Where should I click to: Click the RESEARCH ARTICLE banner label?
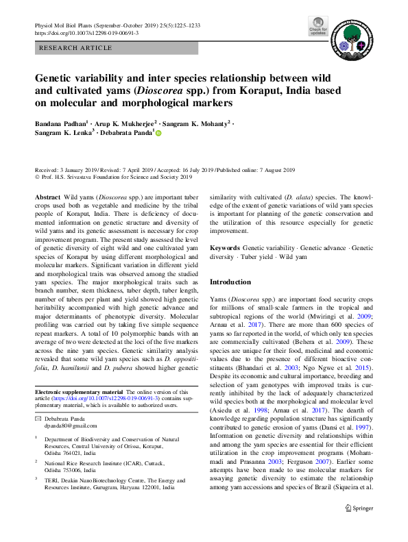76,48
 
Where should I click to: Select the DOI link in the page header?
86,32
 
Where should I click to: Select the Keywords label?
225,247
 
